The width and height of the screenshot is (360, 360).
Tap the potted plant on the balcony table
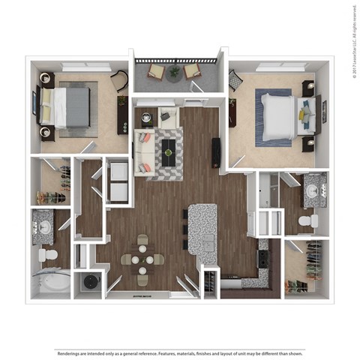[174, 72]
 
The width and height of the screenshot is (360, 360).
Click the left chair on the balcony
[156, 71]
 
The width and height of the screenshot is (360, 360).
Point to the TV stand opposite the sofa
[216, 151]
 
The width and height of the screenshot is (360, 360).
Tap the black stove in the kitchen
[264, 257]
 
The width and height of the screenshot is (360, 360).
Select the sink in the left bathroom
[44, 226]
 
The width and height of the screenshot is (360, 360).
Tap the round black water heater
[91, 282]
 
